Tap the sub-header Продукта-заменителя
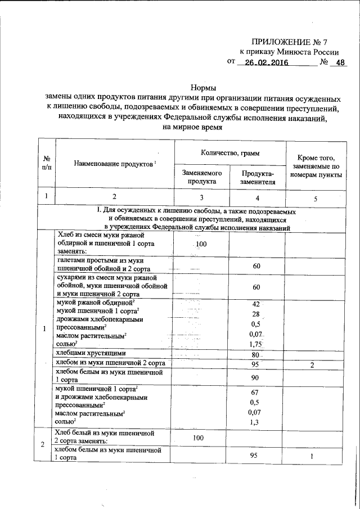tap(258, 178)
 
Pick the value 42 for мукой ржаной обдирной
tap(256, 304)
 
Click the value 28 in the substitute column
tap(256, 314)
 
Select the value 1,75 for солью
tap(256, 344)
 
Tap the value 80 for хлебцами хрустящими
tap(256, 354)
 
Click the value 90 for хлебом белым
tap(256, 376)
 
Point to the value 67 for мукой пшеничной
tap(256, 391)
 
